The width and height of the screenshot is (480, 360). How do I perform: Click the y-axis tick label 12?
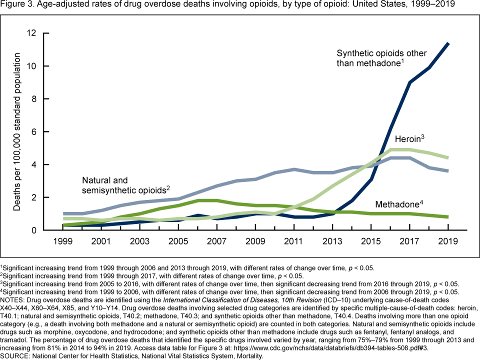point(32,33)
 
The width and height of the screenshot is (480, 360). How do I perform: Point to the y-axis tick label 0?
point(35,230)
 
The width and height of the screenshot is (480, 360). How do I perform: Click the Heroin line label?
point(409,139)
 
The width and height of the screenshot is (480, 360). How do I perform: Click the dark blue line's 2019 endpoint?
point(448,44)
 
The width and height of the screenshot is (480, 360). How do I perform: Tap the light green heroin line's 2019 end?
point(448,158)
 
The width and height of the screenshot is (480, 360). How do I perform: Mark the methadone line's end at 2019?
point(448,217)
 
